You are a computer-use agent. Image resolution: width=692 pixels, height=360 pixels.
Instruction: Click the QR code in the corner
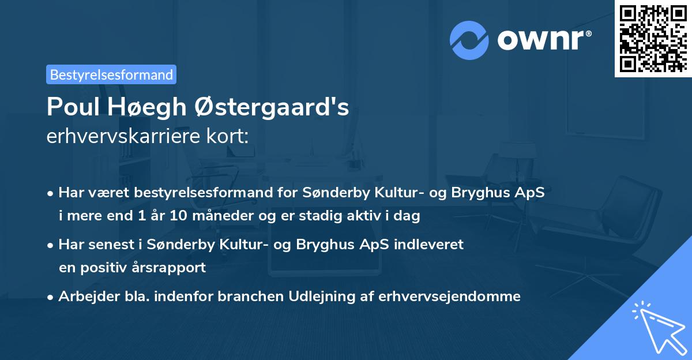point(653,38)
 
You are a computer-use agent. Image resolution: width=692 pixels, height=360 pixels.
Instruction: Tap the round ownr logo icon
point(470,40)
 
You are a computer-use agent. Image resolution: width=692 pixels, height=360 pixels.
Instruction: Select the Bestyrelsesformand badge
point(111,74)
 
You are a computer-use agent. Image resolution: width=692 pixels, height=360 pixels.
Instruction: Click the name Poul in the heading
point(71,107)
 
